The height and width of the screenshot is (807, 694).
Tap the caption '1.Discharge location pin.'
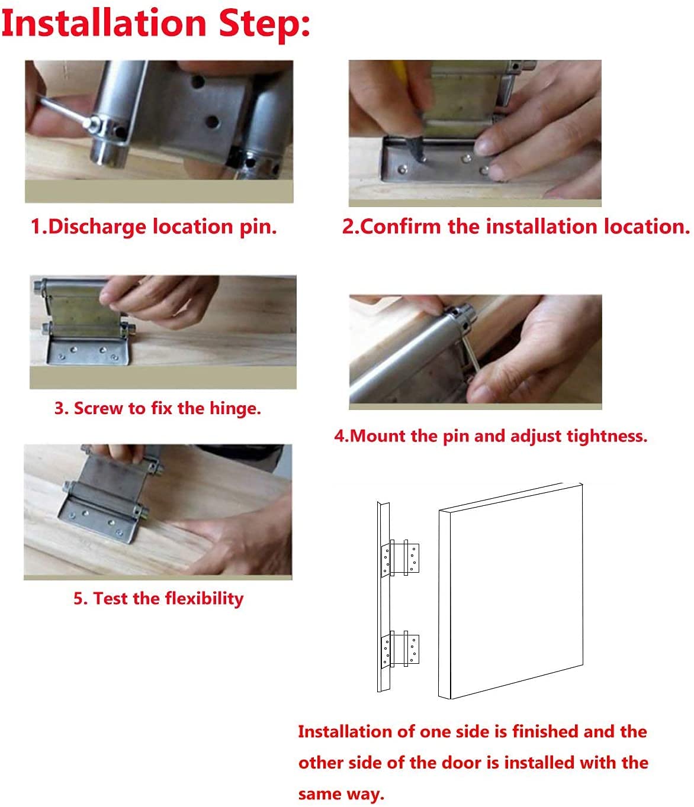154,227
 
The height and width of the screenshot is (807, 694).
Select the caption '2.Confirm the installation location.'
516,227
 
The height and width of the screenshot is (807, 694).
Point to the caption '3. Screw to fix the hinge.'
158,408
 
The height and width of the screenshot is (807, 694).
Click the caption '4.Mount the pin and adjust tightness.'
490,436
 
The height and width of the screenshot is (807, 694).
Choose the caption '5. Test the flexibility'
158,598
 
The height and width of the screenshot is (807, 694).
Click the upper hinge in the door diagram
402,558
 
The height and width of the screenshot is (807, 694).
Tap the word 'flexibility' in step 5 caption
204,598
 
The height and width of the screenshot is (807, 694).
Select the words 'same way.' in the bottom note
341,793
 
